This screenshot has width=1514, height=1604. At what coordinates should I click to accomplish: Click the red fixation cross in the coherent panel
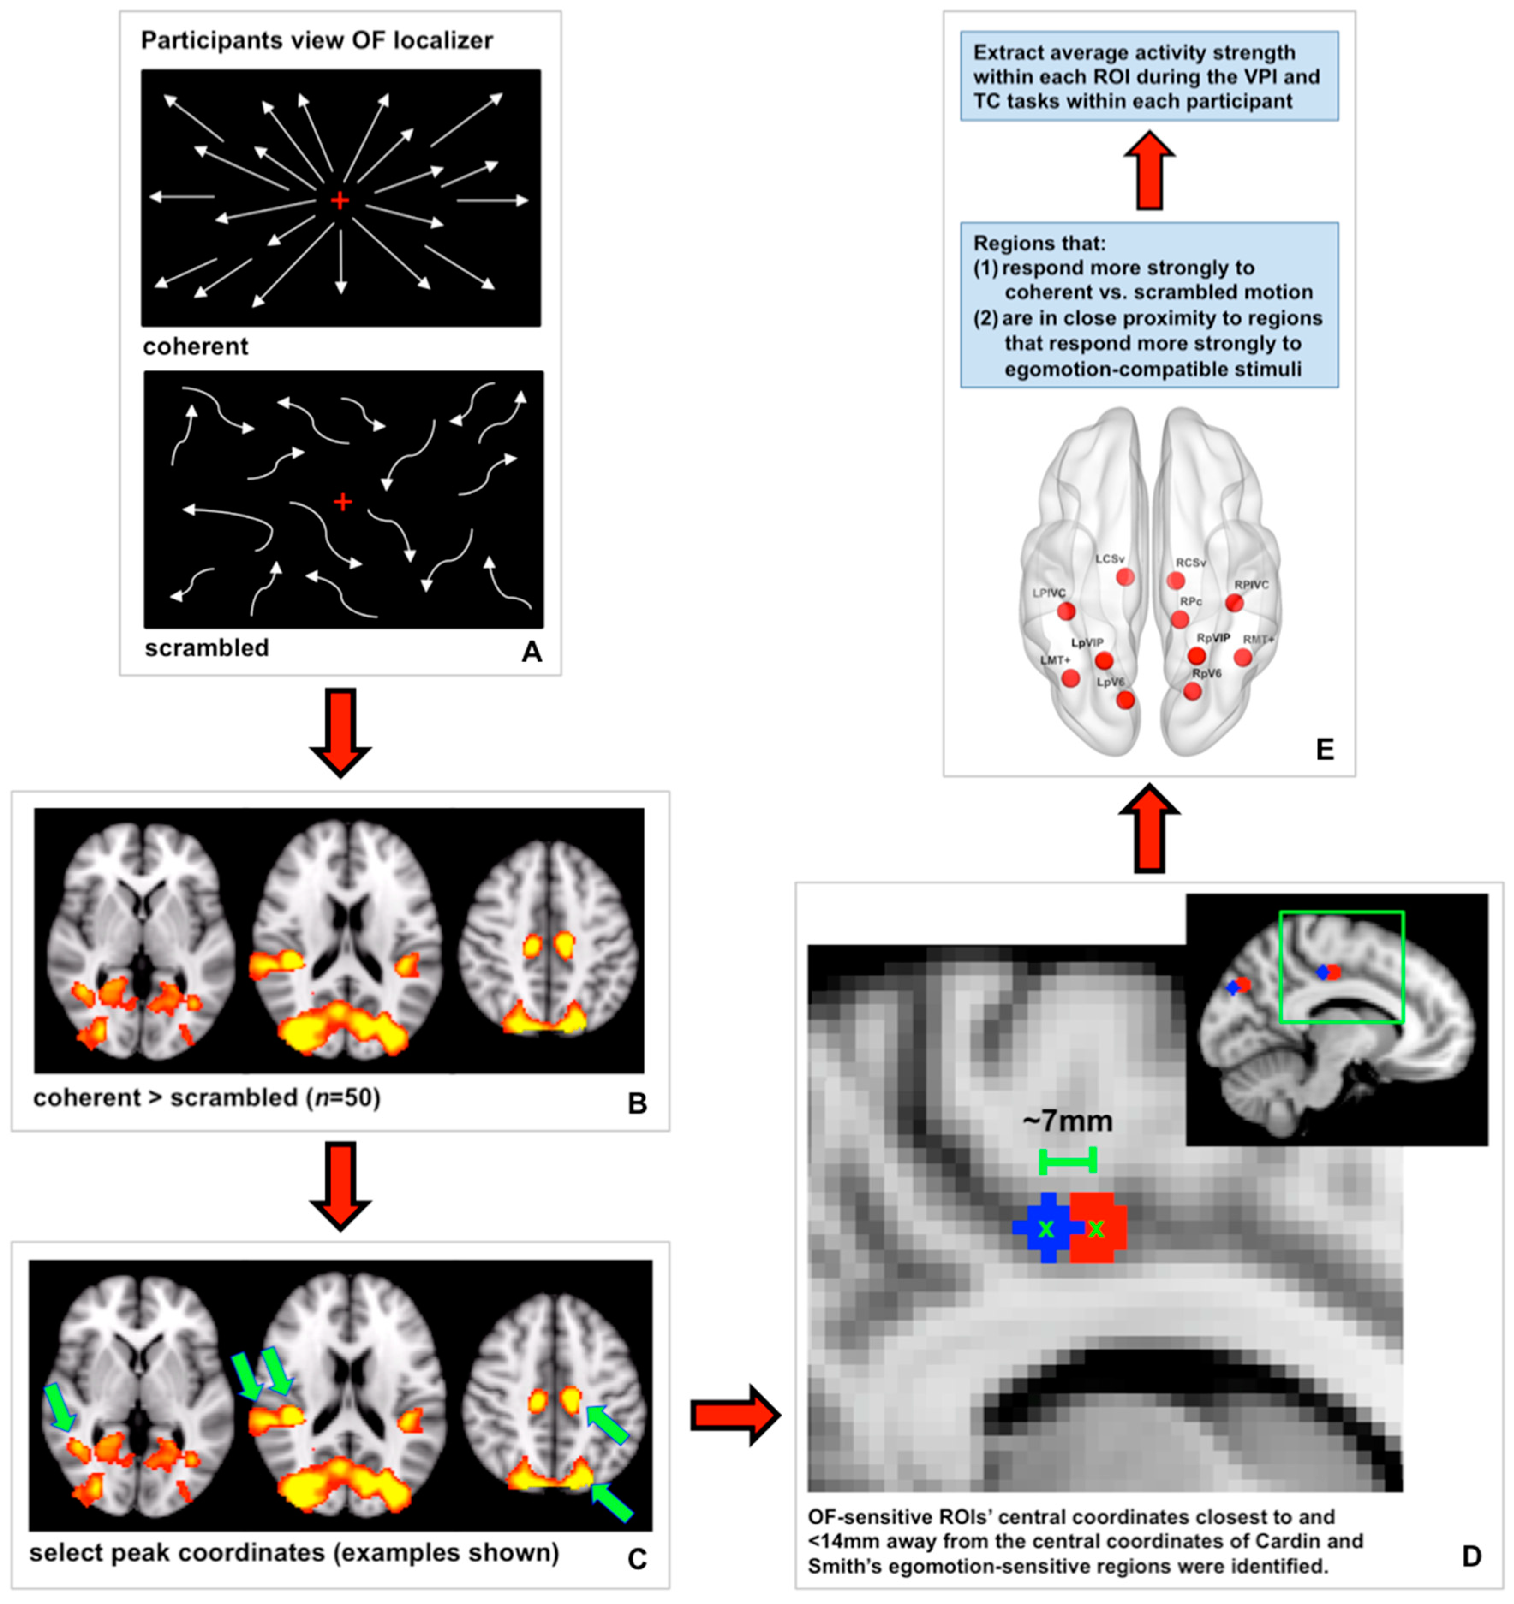pyautogui.click(x=340, y=200)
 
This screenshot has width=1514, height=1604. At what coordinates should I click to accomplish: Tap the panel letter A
pyautogui.click(x=531, y=651)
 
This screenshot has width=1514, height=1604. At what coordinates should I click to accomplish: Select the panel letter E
pyautogui.click(x=1324, y=750)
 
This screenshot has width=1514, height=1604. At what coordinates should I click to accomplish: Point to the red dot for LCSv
pyautogui.click(x=1125, y=577)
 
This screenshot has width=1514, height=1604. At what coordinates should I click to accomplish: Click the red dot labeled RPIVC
pyautogui.click(x=1234, y=603)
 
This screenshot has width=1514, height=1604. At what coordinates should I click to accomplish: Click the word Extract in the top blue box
pyautogui.click(x=1008, y=52)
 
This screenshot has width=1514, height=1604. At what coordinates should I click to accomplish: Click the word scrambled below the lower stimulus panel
pyautogui.click(x=206, y=648)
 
